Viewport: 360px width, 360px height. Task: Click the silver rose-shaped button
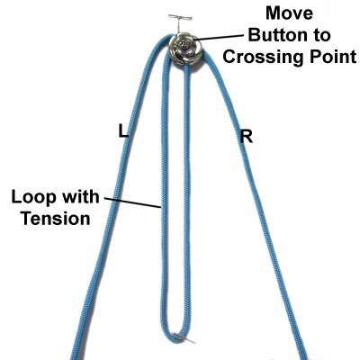pyautogui.click(x=184, y=48)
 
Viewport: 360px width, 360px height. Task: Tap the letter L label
pyautogui.click(x=123, y=131)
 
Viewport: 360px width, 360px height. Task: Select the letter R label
pyautogui.click(x=247, y=137)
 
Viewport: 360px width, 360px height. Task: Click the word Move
pyautogui.click(x=289, y=13)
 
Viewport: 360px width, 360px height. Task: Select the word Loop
pyautogui.click(x=33, y=198)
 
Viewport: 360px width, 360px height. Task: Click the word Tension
pyautogui.click(x=56, y=219)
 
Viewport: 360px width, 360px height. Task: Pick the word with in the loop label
pyautogui.click(x=79, y=197)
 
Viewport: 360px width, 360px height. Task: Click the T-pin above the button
pyautogui.click(x=180, y=22)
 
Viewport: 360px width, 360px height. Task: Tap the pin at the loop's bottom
pyautogui.click(x=184, y=337)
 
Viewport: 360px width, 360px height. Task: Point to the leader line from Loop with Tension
pyautogui.click(x=133, y=202)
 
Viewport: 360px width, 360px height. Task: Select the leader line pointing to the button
pyautogui.click(x=219, y=37)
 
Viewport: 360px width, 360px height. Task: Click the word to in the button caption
pyautogui.click(x=320, y=35)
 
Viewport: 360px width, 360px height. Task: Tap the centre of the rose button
pyautogui.click(x=183, y=47)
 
